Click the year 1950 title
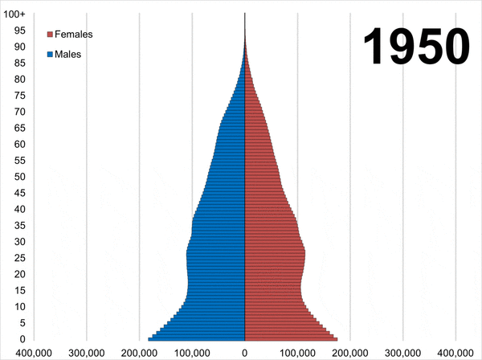coord(416,47)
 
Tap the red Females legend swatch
coord(50,35)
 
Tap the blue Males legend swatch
coord(50,55)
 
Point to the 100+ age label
coord(14,14)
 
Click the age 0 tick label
coord(22,339)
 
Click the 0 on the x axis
coord(244,353)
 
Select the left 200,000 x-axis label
coord(139,353)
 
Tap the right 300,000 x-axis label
coord(402,353)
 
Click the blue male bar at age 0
coord(197,339)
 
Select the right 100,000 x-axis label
coord(297,353)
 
